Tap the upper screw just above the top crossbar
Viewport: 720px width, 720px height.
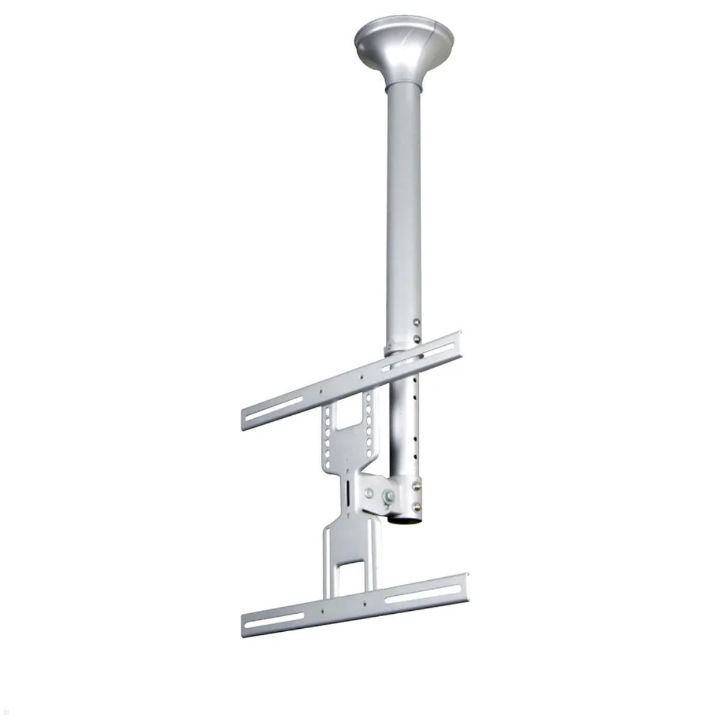tap(416, 323)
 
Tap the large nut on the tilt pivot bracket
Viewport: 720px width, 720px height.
tap(389, 496)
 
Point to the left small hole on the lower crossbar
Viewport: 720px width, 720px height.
tap(323, 610)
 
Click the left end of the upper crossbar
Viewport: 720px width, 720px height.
tap(244, 420)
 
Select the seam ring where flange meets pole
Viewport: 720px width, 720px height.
tap(403, 85)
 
